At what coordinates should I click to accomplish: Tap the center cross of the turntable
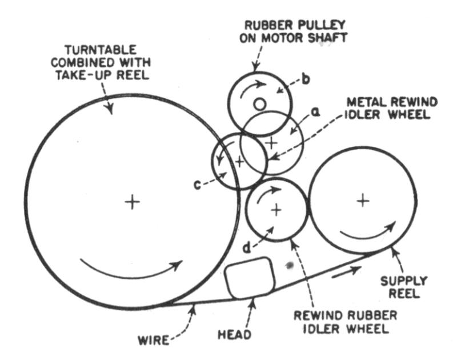[132, 202]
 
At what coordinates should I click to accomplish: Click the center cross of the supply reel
[362, 200]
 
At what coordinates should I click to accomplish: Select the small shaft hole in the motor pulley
[260, 104]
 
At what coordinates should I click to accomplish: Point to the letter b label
[306, 79]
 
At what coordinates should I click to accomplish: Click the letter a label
[314, 113]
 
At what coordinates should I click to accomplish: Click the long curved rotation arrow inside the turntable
[131, 269]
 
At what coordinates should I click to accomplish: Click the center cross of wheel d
[277, 210]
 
